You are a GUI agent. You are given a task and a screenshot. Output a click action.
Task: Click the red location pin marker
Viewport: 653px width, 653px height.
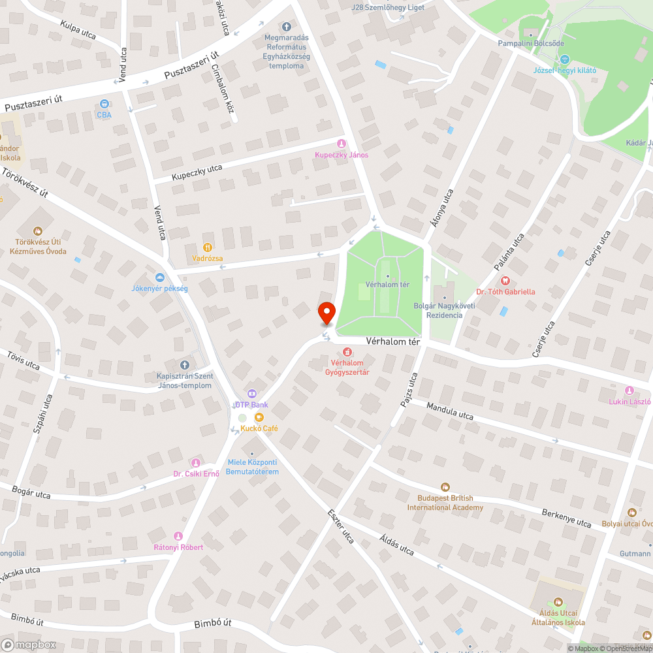click(x=326, y=313)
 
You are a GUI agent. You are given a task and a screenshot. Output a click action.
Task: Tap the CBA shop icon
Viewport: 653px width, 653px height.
click(x=104, y=104)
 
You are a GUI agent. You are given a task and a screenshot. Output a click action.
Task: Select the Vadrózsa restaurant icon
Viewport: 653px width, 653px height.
click(x=208, y=247)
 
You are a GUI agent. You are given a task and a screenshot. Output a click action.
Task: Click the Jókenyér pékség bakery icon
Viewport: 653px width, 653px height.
click(x=160, y=277)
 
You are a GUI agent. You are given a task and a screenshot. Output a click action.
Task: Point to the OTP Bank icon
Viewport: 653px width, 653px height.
click(x=251, y=394)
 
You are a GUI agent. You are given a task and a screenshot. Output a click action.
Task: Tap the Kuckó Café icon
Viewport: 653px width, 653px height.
click(x=259, y=417)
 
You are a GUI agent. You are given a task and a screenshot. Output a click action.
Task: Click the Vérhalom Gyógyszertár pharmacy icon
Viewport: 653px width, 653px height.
click(x=347, y=352)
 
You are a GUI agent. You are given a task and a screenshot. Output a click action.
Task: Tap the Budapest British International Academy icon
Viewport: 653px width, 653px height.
click(x=445, y=486)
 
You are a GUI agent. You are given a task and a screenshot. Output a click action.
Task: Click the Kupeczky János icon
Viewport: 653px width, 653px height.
click(x=340, y=144)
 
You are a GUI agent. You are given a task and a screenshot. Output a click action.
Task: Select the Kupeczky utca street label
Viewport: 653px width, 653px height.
click(x=197, y=172)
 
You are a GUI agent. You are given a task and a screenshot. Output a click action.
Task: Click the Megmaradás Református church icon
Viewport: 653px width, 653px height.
click(x=286, y=27)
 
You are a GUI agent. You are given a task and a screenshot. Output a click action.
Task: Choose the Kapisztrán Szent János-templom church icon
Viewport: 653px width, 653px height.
click(x=184, y=364)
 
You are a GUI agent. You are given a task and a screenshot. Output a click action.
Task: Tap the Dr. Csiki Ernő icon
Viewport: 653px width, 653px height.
click(x=195, y=462)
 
